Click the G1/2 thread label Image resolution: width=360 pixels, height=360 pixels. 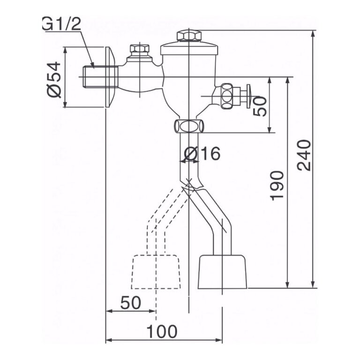pyautogui.click(x=62, y=23)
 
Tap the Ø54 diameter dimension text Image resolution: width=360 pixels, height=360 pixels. pyautogui.click(x=54, y=79)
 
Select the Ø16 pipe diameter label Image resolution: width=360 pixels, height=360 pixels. pyautogui.click(x=202, y=153)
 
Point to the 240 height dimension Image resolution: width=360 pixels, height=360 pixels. pyautogui.click(x=304, y=155)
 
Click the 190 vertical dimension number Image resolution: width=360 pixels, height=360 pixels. pyautogui.click(x=277, y=186)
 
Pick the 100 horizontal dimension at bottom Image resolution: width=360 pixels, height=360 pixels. pyautogui.click(x=162, y=331)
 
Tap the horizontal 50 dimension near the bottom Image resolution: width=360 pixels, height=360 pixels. pyautogui.click(x=131, y=303)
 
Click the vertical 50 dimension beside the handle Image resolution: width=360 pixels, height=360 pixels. pyautogui.click(x=260, y=106)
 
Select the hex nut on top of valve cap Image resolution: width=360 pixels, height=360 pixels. pyautogui.click(x=189, y=36)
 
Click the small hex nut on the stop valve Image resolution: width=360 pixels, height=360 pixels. pyautogui.click(x=140, y=49)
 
